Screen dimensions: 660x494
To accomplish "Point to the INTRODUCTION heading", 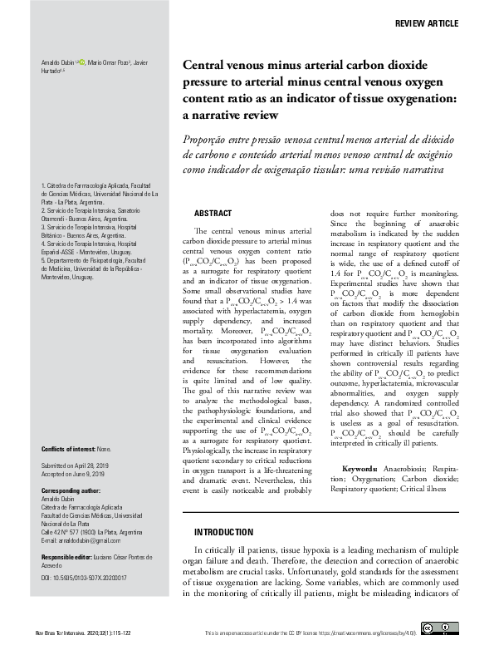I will point(223,532).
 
